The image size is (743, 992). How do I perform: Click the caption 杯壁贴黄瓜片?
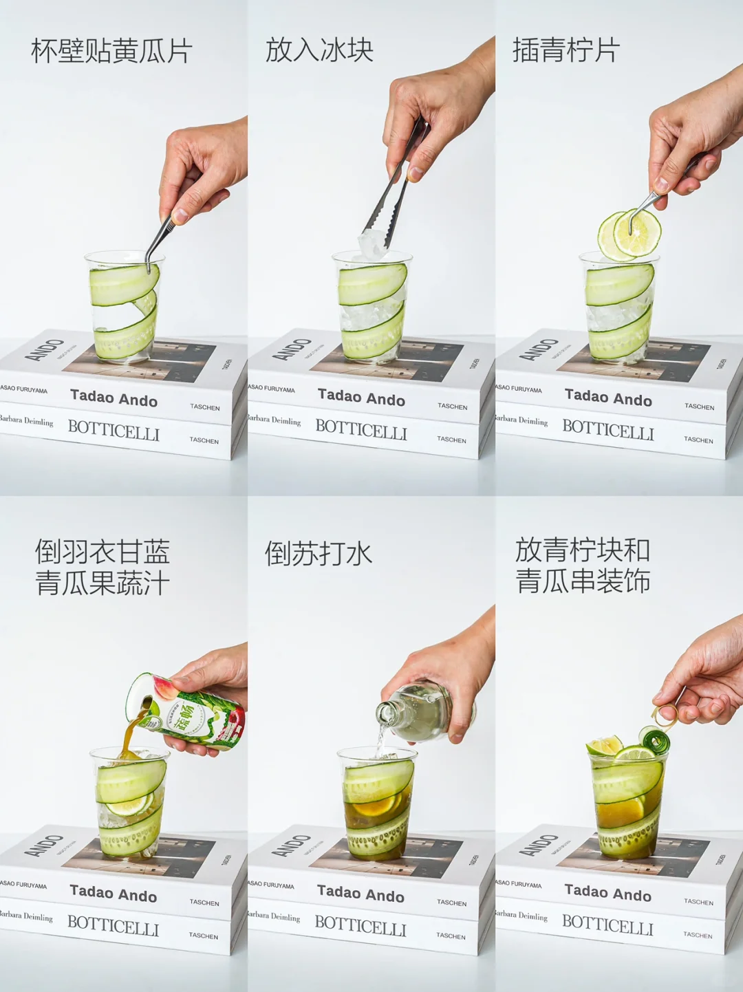pyautogui.click(x=111, y=52)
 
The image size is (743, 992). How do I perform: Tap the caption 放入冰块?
pyautogui.click(x=319, y=50)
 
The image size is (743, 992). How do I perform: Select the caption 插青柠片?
pyautogui.click(x=566, y=50)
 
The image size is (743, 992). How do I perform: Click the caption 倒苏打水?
pyautogui.click(x=319, y=554)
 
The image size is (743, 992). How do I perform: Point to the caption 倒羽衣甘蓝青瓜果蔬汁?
pyautogui.click(x=103, y=568)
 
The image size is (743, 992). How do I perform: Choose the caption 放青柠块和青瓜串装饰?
pyautogui.click(x=583, y=565)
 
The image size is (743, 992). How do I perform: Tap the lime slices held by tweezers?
pyautogui.click(x=629, y=235)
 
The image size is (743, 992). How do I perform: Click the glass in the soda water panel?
pyautogui.click(x=376, y=805)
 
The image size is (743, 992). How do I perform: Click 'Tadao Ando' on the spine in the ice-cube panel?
pyautogui.click(x=361, y=398)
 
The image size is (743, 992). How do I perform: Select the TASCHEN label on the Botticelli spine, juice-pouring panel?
pyautogui.click(x=204, y=936)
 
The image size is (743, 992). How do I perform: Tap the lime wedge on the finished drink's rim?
pyautogui.click(x=604, y=746)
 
